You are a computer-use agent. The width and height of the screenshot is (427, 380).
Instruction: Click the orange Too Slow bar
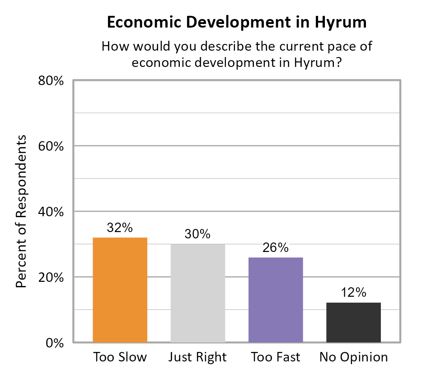click(x=120, y=290)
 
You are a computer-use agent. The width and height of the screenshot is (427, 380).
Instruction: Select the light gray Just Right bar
click(x=197, y=293)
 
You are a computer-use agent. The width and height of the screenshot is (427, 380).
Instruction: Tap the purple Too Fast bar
click(x=276, y=299)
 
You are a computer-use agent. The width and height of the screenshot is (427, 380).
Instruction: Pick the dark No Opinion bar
click(x=353, y=322)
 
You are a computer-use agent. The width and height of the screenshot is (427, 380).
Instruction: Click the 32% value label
click(x=120, y=228)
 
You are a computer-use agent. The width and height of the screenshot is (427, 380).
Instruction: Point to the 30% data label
click(x=197, y=234)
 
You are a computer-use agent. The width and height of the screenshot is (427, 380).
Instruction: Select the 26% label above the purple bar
click(x=276, y=247)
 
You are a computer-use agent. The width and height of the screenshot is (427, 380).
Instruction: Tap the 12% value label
click(x=353, y=293)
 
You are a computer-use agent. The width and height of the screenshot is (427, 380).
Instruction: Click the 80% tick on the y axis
click(x=50, y=81)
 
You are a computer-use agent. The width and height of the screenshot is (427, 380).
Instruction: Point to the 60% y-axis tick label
click(x=50, y=147)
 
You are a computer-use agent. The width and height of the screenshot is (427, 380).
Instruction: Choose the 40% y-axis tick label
click(x=50, y=212)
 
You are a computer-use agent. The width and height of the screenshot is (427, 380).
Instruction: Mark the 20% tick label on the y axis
click(x=50, y=277)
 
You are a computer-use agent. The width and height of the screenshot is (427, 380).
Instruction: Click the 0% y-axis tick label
click(x=53, y=342)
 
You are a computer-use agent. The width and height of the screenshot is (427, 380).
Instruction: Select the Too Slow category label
click(x=120, y=357)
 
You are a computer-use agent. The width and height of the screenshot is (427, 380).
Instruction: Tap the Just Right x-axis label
click(x=197, y=357)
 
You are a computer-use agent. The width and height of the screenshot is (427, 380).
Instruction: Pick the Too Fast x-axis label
click(x=276, y=357)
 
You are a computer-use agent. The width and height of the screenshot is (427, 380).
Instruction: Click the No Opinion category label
click(x=353, y=357)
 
